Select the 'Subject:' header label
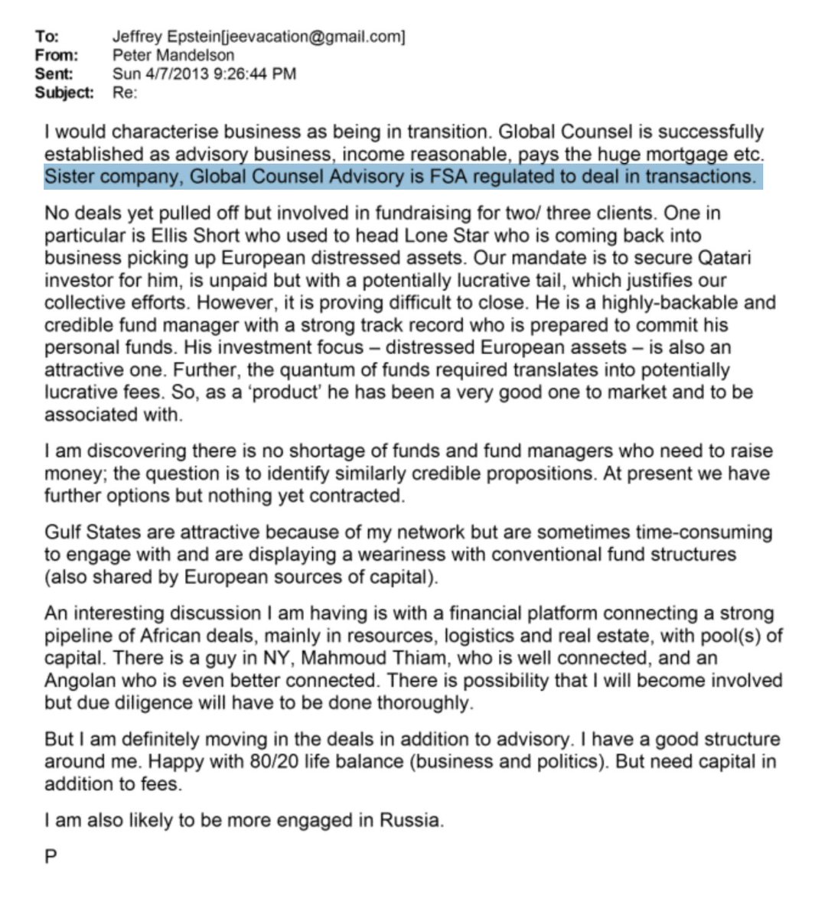pyautogui.click(x=64, y=93)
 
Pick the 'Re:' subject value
pyautogui.click(x=125, y=93)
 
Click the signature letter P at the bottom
pyautogui.click(x=51, y=857)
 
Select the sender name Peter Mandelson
pyautogui.click(x=173, y=55)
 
